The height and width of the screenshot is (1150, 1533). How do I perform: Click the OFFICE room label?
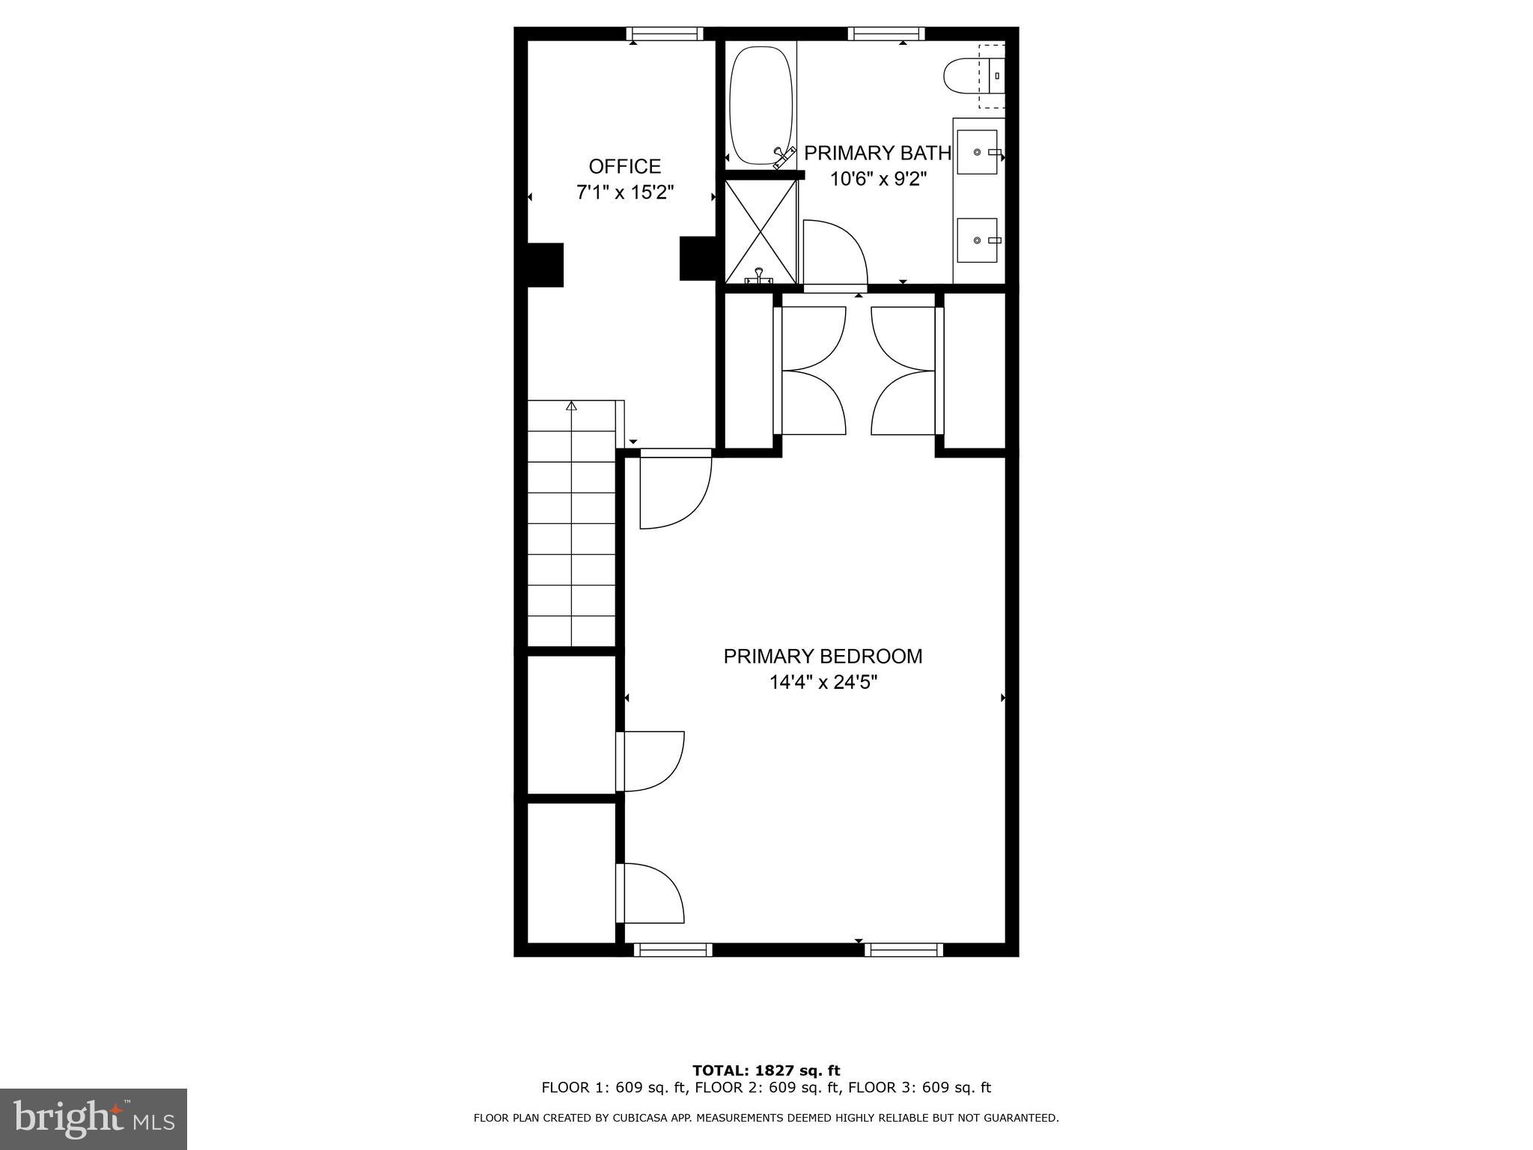624,166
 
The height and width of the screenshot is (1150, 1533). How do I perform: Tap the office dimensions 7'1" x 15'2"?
624,192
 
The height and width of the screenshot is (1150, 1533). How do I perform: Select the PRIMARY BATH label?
877,153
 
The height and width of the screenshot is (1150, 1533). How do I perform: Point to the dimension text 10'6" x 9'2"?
878,180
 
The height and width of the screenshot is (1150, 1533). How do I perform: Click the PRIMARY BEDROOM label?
822,657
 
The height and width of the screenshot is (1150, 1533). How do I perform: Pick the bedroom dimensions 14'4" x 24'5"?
823,683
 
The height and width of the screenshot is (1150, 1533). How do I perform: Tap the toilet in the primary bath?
966,76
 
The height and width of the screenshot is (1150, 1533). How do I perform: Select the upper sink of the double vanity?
977,152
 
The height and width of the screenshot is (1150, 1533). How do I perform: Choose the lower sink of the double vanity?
977,240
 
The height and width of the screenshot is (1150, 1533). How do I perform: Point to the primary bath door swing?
835,253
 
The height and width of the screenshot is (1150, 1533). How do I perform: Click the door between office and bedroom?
674,490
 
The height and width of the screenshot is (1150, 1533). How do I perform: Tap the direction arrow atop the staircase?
572,407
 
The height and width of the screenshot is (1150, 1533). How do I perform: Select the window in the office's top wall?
664,34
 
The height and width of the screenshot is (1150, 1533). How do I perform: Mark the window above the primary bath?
886,34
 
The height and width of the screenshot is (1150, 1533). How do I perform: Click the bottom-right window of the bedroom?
903,949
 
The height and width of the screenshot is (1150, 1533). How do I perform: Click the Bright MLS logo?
94,1119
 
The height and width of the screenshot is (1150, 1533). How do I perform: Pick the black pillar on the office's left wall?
545,264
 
